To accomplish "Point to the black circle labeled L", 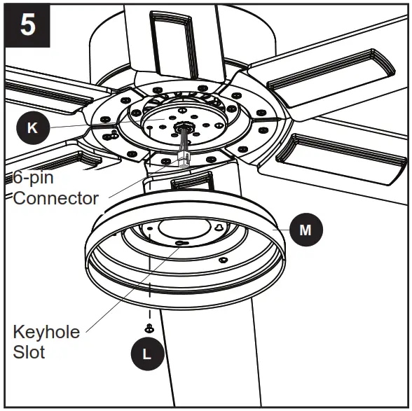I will [146, 354].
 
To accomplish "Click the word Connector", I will [56, 198].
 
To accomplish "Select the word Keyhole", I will [46, 331].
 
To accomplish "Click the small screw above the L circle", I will [149, 328].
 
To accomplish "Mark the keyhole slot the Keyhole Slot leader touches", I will [181, 242].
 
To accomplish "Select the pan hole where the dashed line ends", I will [150, 236].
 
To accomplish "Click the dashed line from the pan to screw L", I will [149, 294].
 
